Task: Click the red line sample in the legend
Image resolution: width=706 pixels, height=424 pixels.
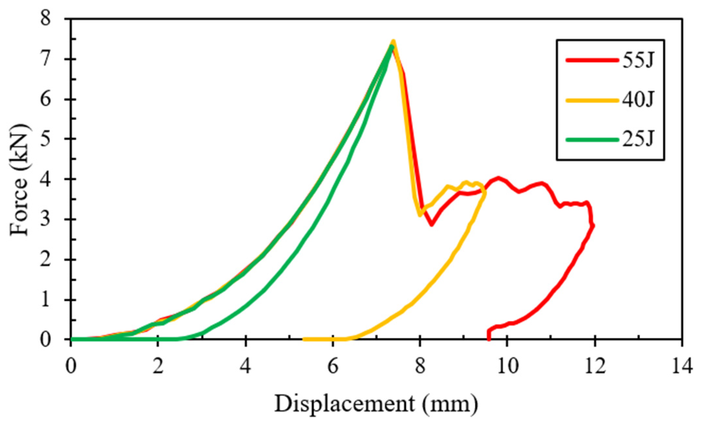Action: coord(592,60)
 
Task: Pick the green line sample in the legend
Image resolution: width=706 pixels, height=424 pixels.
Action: coord(592,140)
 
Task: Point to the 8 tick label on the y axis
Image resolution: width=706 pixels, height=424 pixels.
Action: coord(46,19)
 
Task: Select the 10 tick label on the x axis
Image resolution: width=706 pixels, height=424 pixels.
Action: coord(507,366)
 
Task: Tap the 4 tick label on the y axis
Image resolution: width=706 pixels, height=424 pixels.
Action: coord(46,179)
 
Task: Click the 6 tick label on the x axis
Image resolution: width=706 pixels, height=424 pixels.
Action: coord(333,366)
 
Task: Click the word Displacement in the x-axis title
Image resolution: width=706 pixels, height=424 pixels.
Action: coord(345,404)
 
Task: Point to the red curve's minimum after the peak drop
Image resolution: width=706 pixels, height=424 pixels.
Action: coord(432,225)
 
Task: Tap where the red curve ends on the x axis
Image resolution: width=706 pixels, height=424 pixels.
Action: coord(488,339)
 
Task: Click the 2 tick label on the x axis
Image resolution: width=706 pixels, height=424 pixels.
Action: coord(158,366)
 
